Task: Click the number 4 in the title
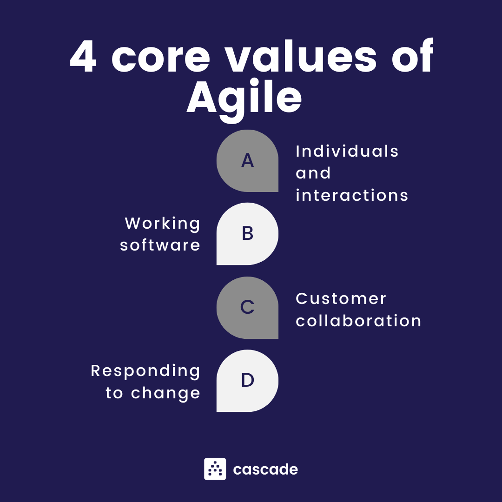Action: [83, 57]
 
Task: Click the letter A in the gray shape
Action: [247, 160]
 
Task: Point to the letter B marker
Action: [247, 233]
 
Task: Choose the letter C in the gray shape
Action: [247, 307]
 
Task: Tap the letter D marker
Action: [247, 380]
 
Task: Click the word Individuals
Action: [347, 151]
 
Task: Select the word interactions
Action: [352, 195]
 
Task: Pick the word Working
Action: [163, 224]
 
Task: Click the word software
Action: [160, 245]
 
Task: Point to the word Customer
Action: [341, 299]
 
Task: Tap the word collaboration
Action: [358, 320]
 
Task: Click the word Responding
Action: [145, 371]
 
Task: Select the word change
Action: [165, 393]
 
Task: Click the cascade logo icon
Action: [215, 469]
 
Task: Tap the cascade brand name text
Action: [265, 469]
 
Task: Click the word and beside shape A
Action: [313, 173]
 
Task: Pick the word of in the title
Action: [412, 55]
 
